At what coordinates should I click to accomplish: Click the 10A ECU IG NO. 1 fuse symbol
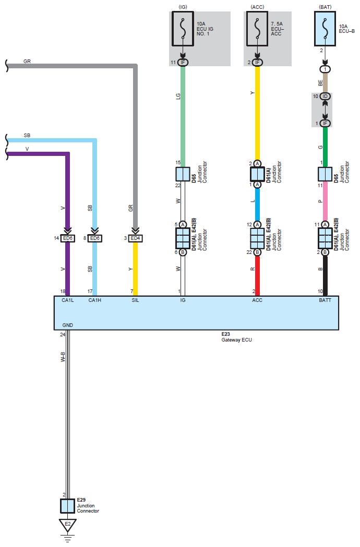(183, 29)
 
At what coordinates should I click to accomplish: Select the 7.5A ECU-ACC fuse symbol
(257, 29)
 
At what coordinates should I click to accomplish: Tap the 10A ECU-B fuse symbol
(325, 29)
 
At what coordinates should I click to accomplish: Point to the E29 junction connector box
(67, 506)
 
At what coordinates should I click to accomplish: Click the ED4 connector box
(136, 238)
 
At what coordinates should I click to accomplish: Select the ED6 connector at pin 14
(68, 238)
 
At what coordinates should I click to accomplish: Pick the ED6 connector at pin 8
(94, 238)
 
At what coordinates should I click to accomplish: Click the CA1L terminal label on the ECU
(68, 300)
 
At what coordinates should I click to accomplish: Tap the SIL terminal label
(135, 300)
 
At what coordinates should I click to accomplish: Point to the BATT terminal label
(325, 300)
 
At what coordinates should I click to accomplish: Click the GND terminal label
(68, 325)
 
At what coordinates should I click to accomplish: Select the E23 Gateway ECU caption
(236, 337)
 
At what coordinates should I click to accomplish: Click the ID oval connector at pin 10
(325, 96)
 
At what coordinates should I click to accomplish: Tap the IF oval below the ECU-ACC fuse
(257, 63)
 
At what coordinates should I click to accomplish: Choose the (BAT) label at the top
(325, 7)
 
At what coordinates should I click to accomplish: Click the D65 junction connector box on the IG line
(183, 174)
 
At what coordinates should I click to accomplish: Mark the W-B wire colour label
(63, 357)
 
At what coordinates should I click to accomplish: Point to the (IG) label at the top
(183, 7)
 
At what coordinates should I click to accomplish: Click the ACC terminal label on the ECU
(257, 300)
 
